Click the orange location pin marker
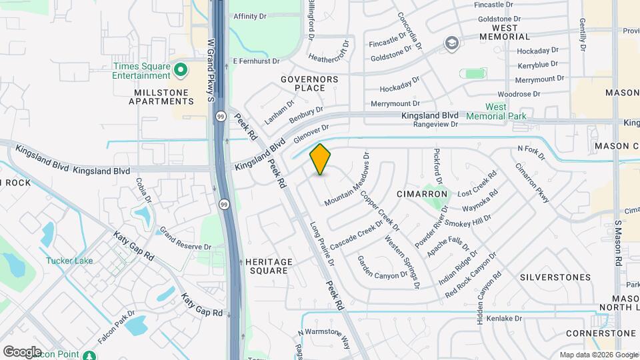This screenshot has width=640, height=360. coord(321,159)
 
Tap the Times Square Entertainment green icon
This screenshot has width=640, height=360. coord(180,70)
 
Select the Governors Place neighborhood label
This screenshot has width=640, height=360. coord(309,83)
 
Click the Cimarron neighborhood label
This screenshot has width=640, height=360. coord(421,194)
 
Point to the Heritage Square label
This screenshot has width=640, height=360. coord(268,267)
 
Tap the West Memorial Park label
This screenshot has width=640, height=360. coord(496,111)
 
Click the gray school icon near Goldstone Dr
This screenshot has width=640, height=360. coord(453,43)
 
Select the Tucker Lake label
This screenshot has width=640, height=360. coord(69,261)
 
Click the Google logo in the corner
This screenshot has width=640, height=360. coord(22,351)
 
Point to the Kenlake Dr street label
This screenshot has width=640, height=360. coord(503,319)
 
